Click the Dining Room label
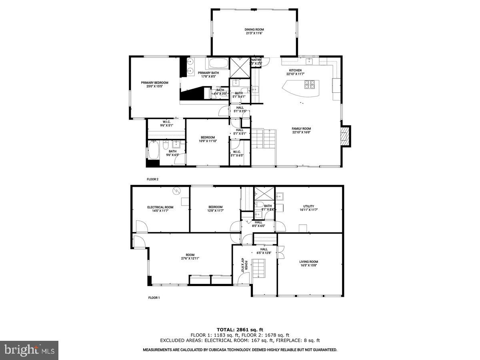254,29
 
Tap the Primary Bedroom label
154,83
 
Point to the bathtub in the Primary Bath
217,64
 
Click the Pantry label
256,60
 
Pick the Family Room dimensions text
301,132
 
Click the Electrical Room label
160,207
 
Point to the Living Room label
308,262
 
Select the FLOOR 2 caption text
153,180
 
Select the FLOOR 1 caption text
154,298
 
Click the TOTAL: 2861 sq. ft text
240,330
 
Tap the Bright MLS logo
29,350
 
